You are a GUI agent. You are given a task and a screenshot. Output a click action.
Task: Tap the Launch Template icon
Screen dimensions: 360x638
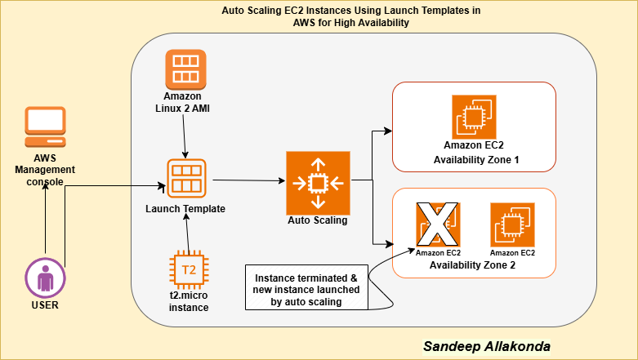tap(186, 179)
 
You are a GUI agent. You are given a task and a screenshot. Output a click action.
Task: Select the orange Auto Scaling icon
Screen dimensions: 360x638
tap(317, 181)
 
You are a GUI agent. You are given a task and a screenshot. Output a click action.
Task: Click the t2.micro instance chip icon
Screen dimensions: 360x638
tap(188, 269)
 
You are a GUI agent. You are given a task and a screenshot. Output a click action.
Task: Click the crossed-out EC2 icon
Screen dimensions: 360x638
tap(439, 224)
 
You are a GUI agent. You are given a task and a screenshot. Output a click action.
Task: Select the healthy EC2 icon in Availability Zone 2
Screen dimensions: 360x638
tap(512, 224)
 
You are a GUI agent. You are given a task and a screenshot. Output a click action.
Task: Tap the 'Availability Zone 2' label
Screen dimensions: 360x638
tap(475, 264)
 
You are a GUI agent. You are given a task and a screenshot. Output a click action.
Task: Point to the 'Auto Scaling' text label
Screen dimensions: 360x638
tap(317, 220)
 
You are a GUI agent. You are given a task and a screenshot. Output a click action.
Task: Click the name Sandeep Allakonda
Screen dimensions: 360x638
tap(486, 346)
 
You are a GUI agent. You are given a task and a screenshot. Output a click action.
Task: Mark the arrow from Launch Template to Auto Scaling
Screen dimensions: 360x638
tap(249, 180)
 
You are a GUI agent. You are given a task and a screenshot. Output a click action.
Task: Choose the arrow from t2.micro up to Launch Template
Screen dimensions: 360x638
tap(189, 237)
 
